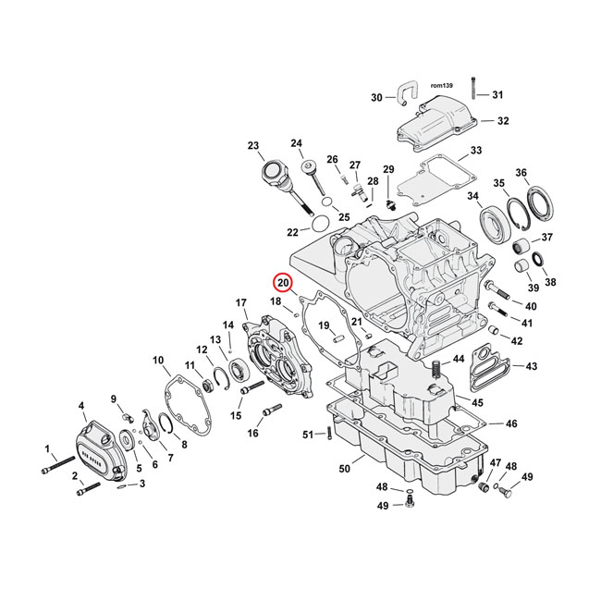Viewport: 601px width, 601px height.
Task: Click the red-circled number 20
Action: click(x=283, y=283)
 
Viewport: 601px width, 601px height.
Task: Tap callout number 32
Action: click(x=502, y=121)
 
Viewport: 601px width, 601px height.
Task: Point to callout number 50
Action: click(x=345, y=470)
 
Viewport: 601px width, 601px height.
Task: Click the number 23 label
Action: click(x=254, y=145)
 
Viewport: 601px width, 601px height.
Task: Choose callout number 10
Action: click(x=158, y=360)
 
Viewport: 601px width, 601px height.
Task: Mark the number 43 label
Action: click(x=531, y=367)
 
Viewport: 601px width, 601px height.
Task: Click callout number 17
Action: click(x=241, y=302)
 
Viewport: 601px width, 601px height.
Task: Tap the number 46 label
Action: click(x=511, y=424)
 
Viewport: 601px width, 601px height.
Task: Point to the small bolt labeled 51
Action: click(x=328, y=435)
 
